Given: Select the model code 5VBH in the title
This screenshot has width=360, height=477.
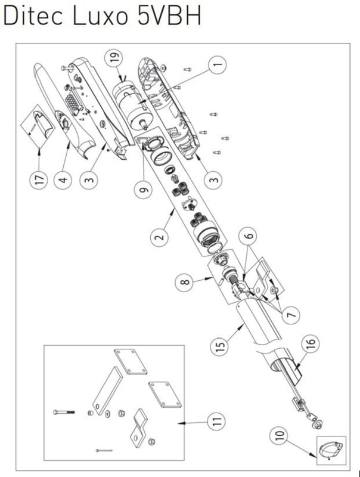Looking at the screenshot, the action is click(169, 16).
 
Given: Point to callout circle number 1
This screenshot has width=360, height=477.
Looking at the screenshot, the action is click(218, 64).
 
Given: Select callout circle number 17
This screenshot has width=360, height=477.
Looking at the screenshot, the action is click(39, 180).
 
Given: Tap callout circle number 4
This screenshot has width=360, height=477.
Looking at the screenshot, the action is click(63, 180).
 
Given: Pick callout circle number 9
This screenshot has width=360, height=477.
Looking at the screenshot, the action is click(143, 190).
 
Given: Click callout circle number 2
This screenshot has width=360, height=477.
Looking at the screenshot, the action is click(160, 236).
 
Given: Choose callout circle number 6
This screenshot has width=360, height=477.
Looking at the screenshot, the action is click(248, 236).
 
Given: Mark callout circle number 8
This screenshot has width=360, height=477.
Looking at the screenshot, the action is click(185, 282).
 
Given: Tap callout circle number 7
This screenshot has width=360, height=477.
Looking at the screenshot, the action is click(291, 315).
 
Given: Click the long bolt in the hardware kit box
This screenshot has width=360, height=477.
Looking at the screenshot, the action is click(64, 412).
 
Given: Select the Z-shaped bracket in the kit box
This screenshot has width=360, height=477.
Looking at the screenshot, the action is click(139, 425).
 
